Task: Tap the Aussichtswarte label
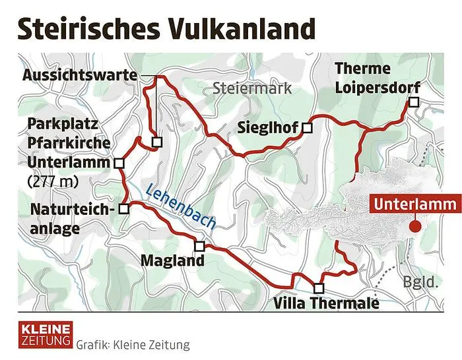80,76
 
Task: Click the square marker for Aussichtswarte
156,141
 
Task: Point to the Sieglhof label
267,128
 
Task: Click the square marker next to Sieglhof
307,128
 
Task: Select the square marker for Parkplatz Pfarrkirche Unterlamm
119,164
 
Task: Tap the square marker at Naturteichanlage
123,208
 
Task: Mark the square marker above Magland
200,246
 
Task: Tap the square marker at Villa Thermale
319,288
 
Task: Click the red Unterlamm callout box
414,204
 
